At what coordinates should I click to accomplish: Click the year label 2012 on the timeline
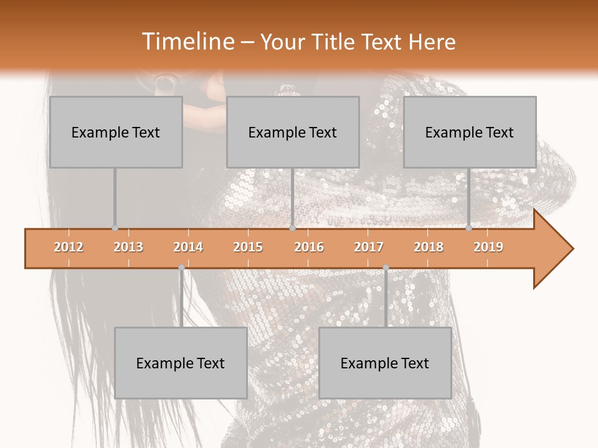coord(69,247)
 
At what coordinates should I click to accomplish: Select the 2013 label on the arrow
coord(128,247)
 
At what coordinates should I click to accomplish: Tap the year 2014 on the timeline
coord(188,247)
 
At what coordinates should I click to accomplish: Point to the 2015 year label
coord(248,247)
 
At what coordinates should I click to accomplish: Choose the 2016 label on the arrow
coord(309,247)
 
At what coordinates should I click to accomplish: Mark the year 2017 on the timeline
coord(369,247)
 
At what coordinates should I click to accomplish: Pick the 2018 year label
coord(429,247)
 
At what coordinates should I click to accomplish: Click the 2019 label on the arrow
coord(488,247)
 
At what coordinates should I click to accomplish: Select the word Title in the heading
coord(334,42)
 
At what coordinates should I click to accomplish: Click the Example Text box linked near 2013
coord(116,132)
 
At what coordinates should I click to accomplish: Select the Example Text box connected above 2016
coord(293,132)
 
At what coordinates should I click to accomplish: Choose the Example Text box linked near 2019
coord(470,132)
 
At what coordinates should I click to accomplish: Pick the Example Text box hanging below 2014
coord(181,363)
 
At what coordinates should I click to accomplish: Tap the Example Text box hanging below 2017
coord(385,363)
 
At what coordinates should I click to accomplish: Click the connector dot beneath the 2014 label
coord(181,268)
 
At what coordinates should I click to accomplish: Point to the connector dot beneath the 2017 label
coord(386,268)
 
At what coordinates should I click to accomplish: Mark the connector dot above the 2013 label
coord(115,228)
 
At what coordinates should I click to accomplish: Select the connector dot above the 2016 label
coord(292,228)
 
